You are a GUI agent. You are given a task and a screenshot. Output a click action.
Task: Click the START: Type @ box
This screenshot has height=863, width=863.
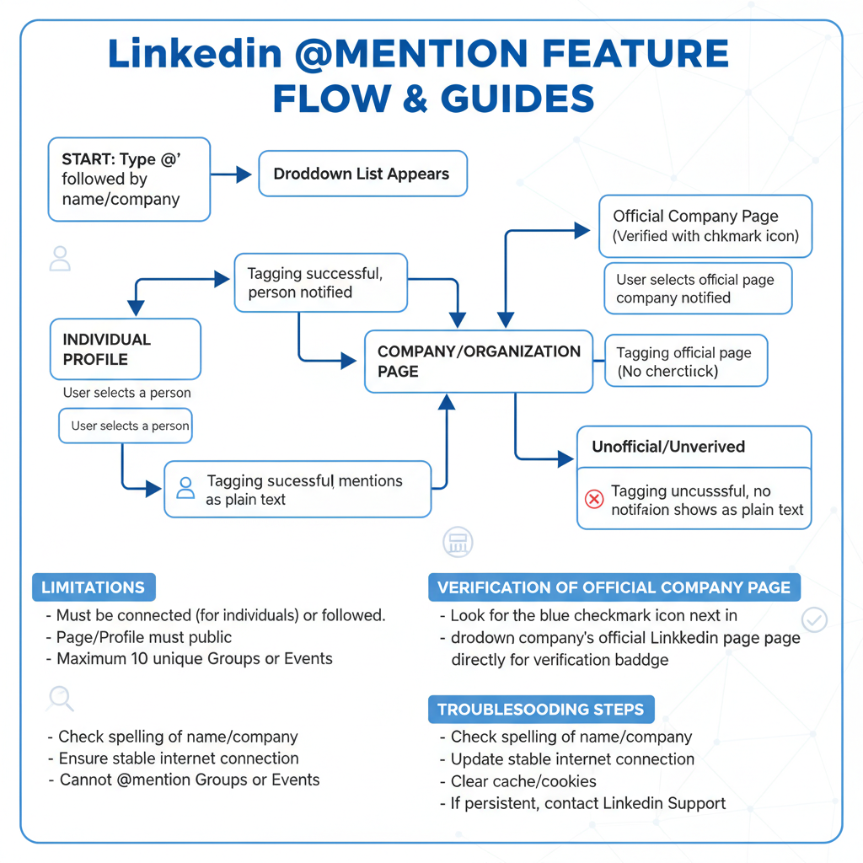point(129,180)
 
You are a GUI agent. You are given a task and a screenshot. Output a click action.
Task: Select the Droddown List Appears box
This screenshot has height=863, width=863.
point(362,174)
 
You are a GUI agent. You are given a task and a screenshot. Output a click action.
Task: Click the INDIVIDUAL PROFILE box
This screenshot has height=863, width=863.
point(125,349)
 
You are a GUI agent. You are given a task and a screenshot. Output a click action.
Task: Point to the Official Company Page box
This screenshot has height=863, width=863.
point(705,226)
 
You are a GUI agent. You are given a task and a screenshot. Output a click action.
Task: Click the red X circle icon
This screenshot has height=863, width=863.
point(594,500)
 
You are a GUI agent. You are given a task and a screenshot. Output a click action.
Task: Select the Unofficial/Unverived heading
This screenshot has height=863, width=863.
point(668,447)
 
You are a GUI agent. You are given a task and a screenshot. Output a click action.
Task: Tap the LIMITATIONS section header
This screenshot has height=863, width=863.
point(94,587)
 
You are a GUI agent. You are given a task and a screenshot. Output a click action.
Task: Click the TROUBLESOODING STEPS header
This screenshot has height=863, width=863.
point(541,709)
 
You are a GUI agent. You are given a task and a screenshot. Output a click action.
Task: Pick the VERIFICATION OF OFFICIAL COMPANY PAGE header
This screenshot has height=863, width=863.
point(614,587)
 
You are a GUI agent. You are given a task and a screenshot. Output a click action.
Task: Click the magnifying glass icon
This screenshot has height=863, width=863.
point(61,698)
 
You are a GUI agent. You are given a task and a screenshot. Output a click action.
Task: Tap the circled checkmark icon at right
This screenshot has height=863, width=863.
point(814,620)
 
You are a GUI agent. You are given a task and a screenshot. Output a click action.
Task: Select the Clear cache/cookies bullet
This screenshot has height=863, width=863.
point(523,781)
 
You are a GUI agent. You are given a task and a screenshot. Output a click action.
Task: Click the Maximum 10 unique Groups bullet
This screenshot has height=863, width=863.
point(194,658)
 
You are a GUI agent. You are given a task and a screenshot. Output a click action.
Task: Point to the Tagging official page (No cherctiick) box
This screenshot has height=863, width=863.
point(686,362)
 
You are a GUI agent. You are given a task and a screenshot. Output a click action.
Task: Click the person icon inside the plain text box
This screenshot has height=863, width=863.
point(185,488)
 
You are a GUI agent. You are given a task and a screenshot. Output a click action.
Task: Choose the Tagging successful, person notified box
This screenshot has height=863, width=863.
point(320,283)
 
